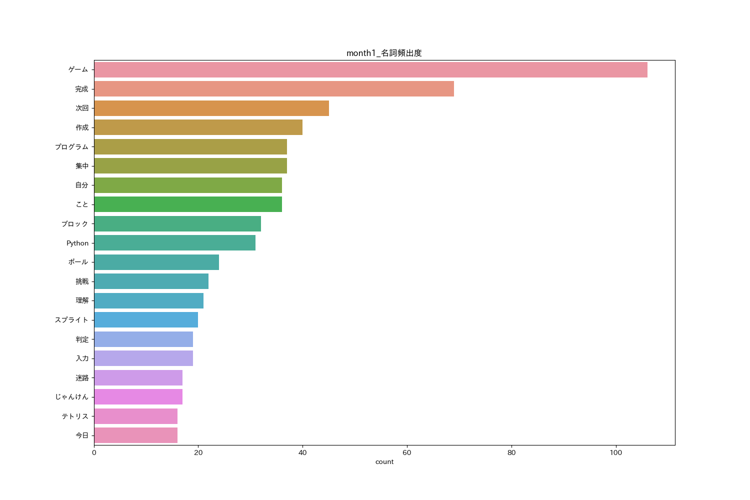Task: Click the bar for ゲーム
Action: (370, 70)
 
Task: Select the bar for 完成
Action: (274, 89)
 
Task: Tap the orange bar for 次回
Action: (211, 108)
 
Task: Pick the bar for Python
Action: (174, 243)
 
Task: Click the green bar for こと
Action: (188, 204)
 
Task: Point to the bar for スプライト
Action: (146, 320)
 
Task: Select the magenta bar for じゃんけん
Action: (138, 397)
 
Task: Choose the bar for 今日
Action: (135, 435)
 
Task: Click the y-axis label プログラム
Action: (71, 147)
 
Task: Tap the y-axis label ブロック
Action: (74, 224)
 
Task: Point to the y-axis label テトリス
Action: (74, 416)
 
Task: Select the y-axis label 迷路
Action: (82, 378)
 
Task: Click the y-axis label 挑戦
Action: (82, 281)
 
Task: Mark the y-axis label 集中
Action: (82, 166)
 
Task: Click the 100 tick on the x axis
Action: (615, 453)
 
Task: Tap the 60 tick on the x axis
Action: (407, 453)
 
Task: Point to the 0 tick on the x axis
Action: (94, 453)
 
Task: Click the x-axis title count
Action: (384, 462)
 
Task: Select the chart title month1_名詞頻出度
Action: (384, 53)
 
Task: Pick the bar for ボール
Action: (156, 262)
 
